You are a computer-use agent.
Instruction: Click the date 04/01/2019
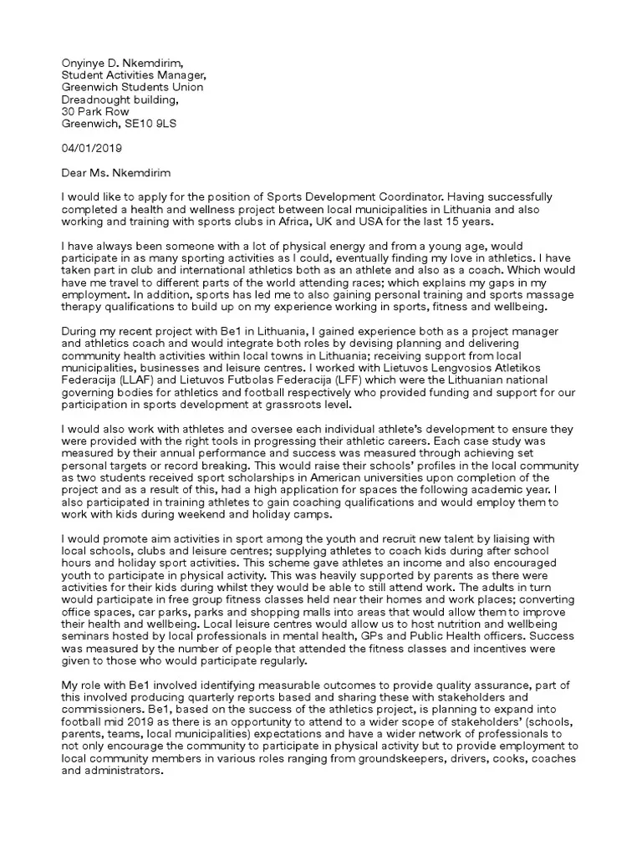point(92,149)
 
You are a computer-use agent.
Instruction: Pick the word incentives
point(482,648)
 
